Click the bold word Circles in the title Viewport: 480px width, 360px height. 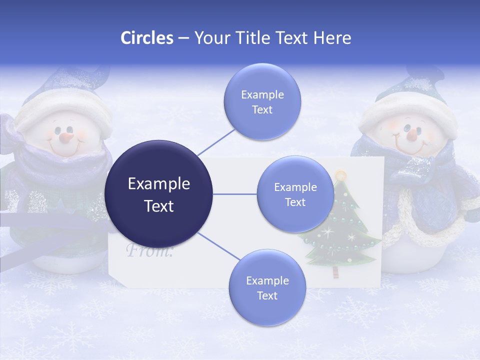tap(147, 38)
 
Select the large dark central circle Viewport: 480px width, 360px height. tap(159, 194)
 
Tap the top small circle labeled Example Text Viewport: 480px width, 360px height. tap(262, 102)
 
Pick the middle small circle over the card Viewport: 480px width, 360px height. tap(295, 194)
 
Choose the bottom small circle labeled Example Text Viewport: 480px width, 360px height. tap(267, 288)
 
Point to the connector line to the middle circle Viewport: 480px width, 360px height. tap(235, 194)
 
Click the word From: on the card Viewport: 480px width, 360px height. tap(149, 250)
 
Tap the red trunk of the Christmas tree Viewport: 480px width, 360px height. tap(334, 273)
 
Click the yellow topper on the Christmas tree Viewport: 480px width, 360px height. tap(340, 175)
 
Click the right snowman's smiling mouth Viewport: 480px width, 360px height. tap(411, 146)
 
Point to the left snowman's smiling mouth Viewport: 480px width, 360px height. tap(66, 148)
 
